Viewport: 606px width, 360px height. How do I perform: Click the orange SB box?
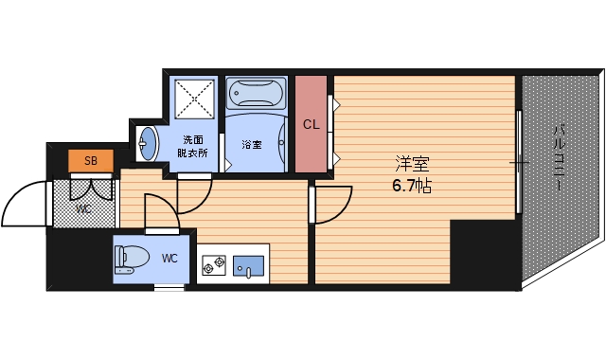pos(91,160)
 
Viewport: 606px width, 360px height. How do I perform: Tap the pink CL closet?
pos(311,124)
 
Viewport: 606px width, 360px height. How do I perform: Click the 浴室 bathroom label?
pos(251,145)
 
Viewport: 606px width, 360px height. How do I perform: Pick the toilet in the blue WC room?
pos(132,259)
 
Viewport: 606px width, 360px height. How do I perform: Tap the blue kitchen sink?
pos(250,262)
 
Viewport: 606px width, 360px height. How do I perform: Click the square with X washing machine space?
pos(193,95)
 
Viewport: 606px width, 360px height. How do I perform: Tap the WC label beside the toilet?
pos(169,257)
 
